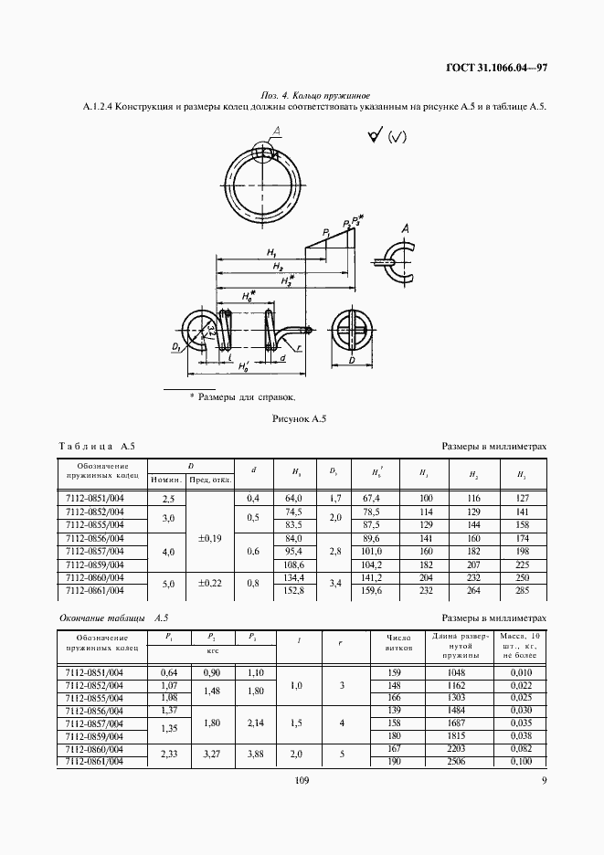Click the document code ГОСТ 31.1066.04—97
point(496,68)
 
